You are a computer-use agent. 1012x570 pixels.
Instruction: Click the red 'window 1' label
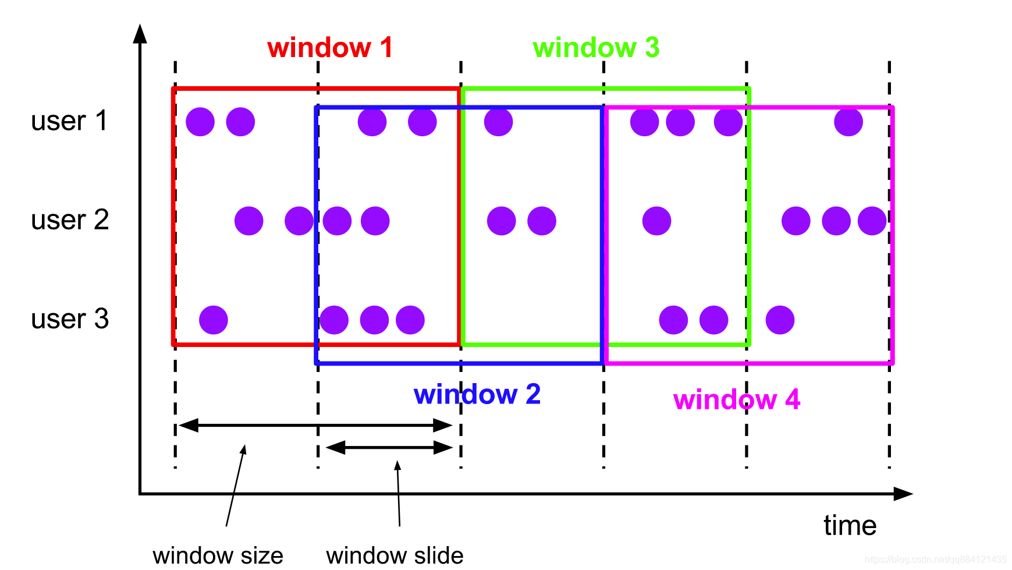point(330,48)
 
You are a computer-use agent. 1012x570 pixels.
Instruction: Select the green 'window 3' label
point(596,48)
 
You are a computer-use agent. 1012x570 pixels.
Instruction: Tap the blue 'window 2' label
point(477,395)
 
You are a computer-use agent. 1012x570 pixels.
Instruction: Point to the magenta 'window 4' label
point(737,400)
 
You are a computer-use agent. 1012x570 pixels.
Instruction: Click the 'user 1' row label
point(69,121)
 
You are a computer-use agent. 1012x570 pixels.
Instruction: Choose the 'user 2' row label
point(70,220)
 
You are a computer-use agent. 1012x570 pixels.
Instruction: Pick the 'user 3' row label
point(70,319)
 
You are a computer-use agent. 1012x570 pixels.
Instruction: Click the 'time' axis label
point(850,526)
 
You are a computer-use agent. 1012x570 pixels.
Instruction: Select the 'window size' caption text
point(218,555)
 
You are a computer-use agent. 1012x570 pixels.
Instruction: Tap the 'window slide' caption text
point(395,555)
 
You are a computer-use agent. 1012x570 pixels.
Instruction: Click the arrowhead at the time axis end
point(903,494)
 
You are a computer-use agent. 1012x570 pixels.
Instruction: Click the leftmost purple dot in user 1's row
point(200,122)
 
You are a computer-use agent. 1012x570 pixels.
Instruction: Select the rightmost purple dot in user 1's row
point(848,122)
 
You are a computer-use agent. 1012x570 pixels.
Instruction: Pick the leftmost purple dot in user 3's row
point(214,320)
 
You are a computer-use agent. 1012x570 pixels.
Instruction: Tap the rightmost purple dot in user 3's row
point(780,320)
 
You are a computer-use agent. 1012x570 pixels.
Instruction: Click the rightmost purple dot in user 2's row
point(872,221)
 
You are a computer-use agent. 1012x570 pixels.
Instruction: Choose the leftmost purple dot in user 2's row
point(249,221)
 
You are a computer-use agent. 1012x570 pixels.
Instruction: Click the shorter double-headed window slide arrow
point(389,448)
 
